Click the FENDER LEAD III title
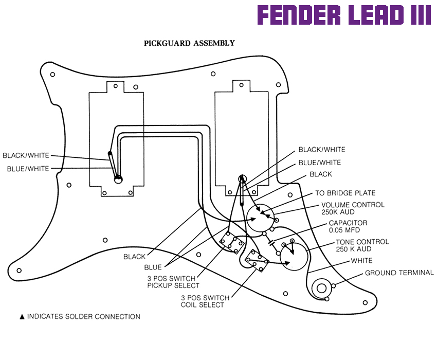click(344, 16)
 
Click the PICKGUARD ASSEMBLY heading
click(189, 43)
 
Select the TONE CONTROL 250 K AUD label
click(362, 245)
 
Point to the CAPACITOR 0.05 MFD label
click(348, 227)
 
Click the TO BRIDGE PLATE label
click(345, 193)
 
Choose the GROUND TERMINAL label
click(399, 273)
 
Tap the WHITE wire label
click(361, 261)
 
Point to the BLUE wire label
click(153, 267)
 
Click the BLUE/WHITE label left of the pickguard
click(28, 169)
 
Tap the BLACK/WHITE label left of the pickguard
click(26, 155)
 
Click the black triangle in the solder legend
click(22, 317)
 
